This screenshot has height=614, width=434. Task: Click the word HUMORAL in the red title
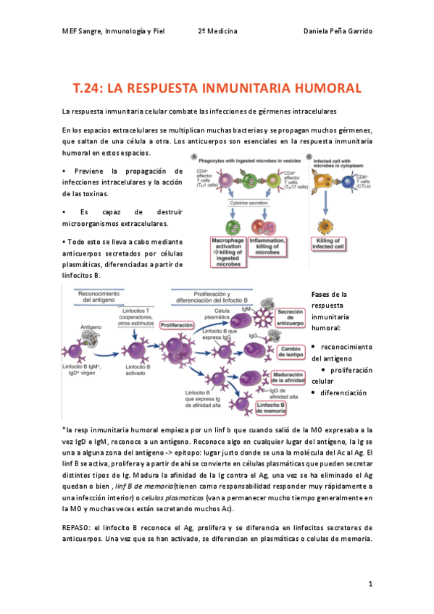click(323, 88)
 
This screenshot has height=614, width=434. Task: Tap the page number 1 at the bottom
click(370, 583)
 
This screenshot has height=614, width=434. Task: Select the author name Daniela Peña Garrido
click(336, 31)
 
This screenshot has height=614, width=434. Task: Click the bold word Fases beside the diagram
click(320, 295)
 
